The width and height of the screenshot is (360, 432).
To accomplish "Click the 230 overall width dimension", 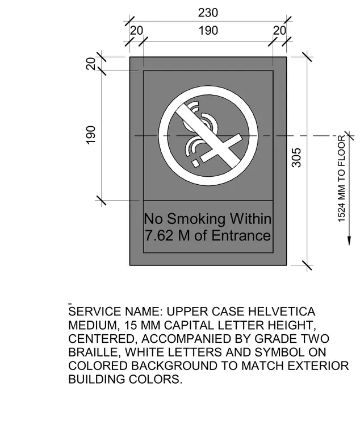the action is tap(208, 13).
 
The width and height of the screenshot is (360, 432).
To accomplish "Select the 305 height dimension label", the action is tap(296, 157).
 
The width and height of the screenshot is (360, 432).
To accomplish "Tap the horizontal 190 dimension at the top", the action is tap(208, 31).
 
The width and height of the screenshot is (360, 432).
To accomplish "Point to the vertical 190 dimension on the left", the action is tap(90, 135).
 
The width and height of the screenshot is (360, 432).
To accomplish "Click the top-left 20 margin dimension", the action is tap(136, 31).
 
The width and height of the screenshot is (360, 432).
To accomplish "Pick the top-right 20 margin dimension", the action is tap(279, 31).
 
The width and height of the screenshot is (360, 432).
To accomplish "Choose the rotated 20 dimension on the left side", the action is tap(91, 64).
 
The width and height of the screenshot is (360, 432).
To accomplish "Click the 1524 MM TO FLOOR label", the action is tap(341, 179).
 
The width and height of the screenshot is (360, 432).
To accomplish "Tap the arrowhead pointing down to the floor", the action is tap(349, 240).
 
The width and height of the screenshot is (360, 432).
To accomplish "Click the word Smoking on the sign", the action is tap(196, 219).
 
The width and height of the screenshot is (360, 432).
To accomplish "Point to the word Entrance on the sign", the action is tap(241, 236).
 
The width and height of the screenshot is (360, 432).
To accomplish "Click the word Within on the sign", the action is tap(251, 219).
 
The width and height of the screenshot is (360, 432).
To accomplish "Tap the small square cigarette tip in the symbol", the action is tap(195, 163).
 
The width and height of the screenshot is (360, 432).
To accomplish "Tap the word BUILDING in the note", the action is tap(97, 379).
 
